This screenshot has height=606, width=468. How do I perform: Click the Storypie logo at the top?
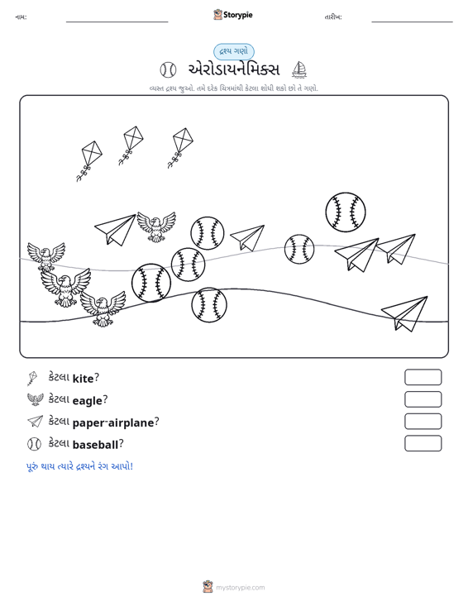[x=232, y=15]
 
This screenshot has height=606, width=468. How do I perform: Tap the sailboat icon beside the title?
[x=299, y=69]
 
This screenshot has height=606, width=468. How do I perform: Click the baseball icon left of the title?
[x=168, y=70]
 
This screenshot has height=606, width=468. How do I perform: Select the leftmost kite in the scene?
[x=89, y=160]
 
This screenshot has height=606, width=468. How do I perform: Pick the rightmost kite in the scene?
[x=180, y=148]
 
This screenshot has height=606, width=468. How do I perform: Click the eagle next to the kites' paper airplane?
[x=156, y=227]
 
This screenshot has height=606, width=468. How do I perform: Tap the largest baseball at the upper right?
[x=346, y=212]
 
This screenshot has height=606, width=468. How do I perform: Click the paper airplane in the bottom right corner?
[x=405, y=313]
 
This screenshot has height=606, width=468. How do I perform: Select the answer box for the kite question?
[x=423, y=377]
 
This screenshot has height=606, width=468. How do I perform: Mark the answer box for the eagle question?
[x=423, y=399]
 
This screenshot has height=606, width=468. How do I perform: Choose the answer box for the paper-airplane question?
[x=423, y=422]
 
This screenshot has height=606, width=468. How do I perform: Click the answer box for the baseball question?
[x=423, y=443]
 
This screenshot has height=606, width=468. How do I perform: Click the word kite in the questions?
[x=83, y=378]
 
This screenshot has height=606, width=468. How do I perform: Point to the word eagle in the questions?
[x=88, y=400]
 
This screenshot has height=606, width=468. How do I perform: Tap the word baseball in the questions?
[x=95, y=445]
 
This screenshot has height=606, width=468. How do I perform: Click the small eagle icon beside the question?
[x=36, y=399]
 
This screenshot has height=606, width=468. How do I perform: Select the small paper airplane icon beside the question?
[x=36, y=422]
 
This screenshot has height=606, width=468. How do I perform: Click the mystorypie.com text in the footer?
[x=240, y=588]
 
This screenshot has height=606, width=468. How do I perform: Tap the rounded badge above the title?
[x=234, y=52]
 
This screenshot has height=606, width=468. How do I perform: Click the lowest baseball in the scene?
[x=209, y=304]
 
